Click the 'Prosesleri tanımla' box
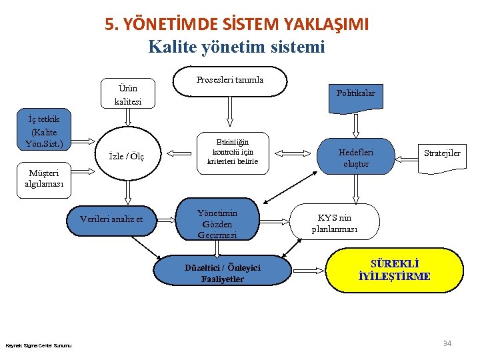[x=230, y=80]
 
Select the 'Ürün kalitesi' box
[x=127, y=95]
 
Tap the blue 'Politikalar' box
[x=355, y=94]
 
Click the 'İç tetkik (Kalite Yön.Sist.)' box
[x=43, y=131]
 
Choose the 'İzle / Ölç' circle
[x=127, y=156]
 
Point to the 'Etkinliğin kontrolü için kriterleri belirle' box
[x=233, y=152]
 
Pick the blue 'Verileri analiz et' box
[x=111, y=219]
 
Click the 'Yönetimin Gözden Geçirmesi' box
[x=217, y=224]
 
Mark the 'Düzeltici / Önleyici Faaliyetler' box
[x=223, y=273]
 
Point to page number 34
[x=447, y=343]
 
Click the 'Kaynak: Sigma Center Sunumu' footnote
[x=39, y=345]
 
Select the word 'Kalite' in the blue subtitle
[x=172, y=47]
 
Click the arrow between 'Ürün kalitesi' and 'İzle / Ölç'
[x=127, y=117]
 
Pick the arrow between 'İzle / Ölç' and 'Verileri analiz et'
[x=127, y=191]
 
